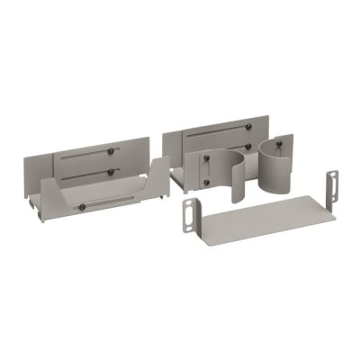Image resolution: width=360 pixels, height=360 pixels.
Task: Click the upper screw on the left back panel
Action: click(x=111, y=150)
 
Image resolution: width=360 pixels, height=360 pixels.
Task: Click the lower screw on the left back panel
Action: click(x=111, y=171)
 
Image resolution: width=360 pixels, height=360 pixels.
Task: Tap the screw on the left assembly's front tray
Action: click(x=81, y=207)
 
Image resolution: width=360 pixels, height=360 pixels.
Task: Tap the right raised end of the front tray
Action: click(x=158, y=176)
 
